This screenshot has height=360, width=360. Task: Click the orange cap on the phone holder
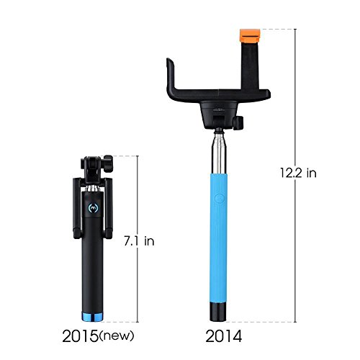pos(250,35)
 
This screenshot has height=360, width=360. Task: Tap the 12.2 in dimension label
pos(298,173)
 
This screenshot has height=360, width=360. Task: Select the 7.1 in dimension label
pos(139,240)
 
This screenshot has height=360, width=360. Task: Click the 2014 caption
pos(224,336)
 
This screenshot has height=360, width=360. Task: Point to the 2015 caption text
pos(81,336)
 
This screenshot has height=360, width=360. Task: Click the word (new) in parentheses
pos(117,336)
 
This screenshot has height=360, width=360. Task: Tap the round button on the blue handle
pos(220,199)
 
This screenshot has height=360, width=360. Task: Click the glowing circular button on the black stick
pos(93,207)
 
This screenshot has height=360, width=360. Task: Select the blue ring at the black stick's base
pos(92,317)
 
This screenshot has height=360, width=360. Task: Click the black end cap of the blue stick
pos(218,312)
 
